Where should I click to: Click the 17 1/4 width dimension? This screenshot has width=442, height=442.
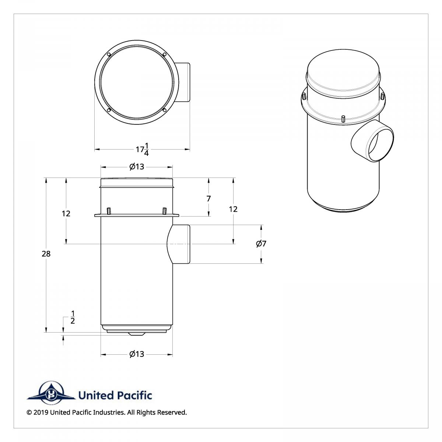click(x=142, y=149)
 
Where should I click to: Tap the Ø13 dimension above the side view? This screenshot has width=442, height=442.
click(x=137, y=167)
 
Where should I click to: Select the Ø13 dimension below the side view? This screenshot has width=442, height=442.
click(x=137, y=354)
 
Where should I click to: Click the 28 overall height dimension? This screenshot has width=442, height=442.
click(x=46, y=254)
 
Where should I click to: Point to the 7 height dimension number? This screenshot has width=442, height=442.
click(x=209, y=199)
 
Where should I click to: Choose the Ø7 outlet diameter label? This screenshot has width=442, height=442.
click(x=261, y=243)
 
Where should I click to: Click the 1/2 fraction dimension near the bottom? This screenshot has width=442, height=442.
click(x=73, y=318)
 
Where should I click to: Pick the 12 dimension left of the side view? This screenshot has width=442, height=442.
click(x=66, y=214)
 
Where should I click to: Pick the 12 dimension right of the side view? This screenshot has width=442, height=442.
click(x=233, y=209)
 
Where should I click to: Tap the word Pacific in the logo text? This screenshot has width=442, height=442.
click(x=134, y=396)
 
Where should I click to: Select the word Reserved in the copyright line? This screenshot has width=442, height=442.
click(x=172, y=413)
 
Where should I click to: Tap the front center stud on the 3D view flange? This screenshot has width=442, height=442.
click(x=343, y=119)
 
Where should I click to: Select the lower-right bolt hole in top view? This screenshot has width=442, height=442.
click(x=165, y=109)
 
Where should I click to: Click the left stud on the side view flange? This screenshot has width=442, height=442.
click(x=109, y=211)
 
